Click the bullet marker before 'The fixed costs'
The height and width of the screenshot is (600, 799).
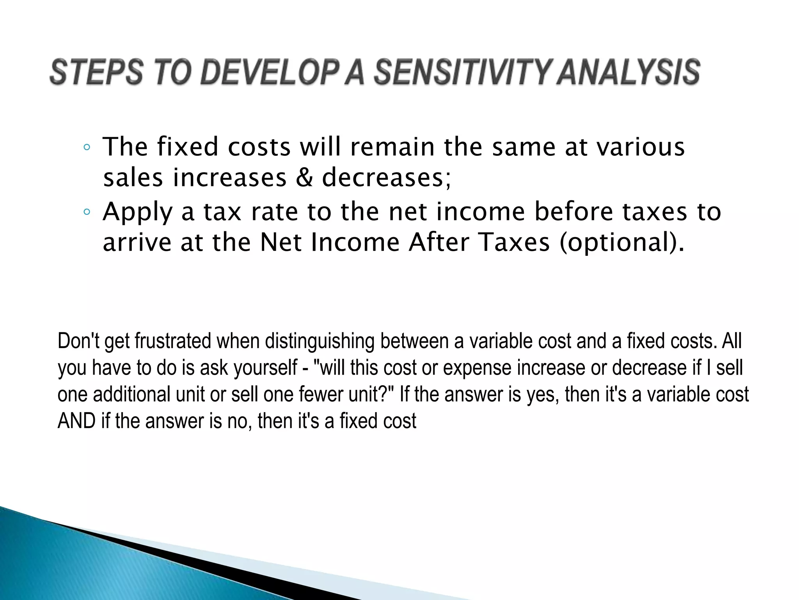tap(87, 148)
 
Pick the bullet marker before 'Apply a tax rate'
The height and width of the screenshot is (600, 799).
tap(87, 212)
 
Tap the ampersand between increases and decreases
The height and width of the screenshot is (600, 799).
tap(304, 178)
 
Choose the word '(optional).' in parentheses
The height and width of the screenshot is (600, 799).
tap(622, 243)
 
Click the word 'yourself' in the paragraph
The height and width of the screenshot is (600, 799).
tap(266, 368)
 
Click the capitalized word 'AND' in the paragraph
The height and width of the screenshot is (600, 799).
tap(76, 421)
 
